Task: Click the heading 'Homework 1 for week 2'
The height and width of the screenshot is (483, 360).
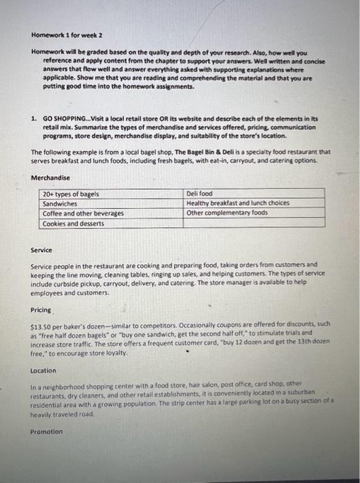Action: pyautogui.click(x=66, y=34)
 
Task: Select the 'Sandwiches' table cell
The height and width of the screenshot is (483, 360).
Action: pyautogui.click(x=59, y=204)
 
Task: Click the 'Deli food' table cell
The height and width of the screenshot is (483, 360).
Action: pyautogui.click(x=199, y=195)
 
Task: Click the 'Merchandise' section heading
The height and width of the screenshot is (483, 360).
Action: pyautogui.click(x=50, y=178)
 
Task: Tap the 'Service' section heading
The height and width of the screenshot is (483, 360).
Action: pyautogui.click(x=41, y=250)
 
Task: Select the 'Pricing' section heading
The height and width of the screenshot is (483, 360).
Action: pyautogui.click(x=41, y=310)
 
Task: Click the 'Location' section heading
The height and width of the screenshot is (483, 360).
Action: pyautogui.click(x=43, y=371)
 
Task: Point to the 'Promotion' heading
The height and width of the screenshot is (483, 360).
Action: pyautogui.click(x=46, y=432)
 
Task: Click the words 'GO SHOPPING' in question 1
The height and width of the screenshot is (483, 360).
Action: pyautogui.click(x=63, y=118)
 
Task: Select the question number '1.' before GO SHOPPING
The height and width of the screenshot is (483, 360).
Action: pyautogui.click(x=34, y=118)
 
